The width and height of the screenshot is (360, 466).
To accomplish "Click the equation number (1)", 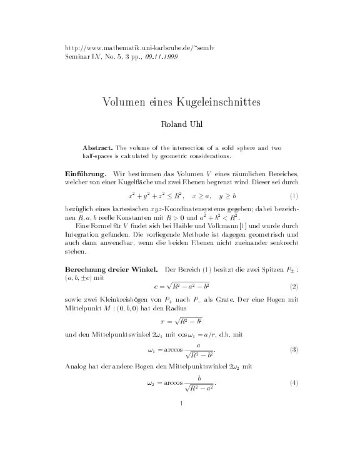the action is [x=294, y=196].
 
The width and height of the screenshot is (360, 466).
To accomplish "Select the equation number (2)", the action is [x=294, y=286].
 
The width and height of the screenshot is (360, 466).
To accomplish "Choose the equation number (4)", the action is [x=294, y=382].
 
